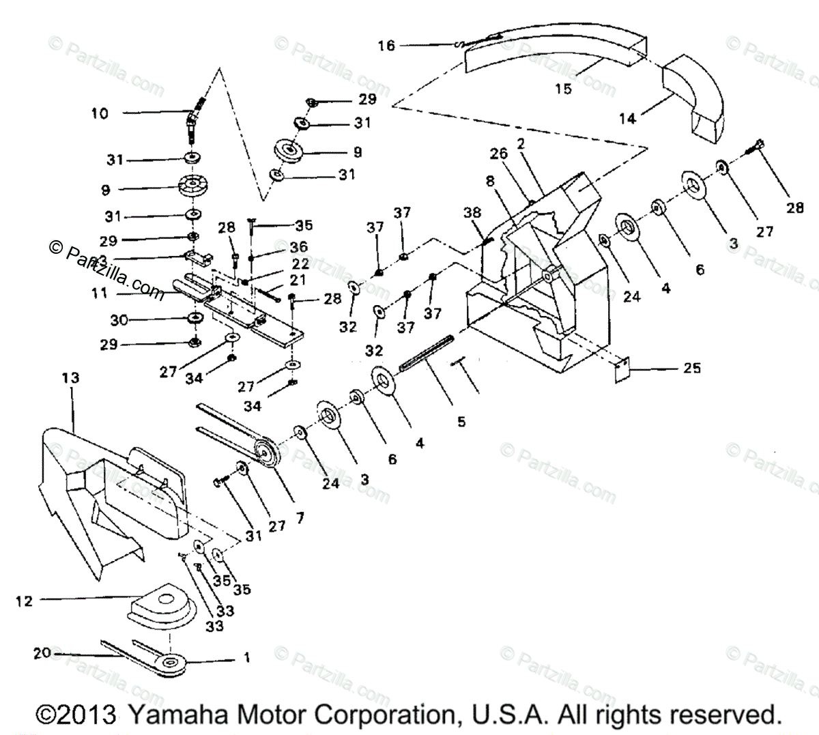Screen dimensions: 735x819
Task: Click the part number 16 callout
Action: (x=386, y=46)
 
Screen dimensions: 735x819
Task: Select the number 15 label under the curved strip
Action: (x=563, y=89)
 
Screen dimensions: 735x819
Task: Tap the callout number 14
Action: (x=627, y=119)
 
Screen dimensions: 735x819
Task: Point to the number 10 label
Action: (x=100, y=113)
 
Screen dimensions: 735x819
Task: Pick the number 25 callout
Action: (x=691, y=368)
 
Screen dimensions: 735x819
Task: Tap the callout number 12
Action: (x=24, y=601)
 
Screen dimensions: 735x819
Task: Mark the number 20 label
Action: (x=42, y=653)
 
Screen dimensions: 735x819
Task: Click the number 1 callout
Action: (x=247, y=658)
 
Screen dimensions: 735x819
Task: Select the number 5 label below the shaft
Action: (x=461, y=422)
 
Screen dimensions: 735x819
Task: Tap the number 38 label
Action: (x=472, y=212)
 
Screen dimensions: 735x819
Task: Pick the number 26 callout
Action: (x=499, y=154)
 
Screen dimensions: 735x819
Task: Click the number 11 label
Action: (x=100, y=293)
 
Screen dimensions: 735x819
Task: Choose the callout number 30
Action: (x=119, y=319)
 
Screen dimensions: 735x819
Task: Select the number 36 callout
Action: (x=298, y=247)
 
